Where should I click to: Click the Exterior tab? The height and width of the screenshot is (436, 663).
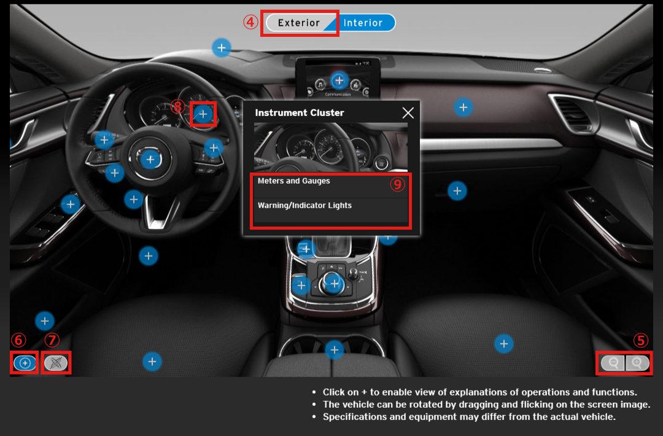click(298, 23)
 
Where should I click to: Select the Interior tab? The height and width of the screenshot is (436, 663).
click(363, 23)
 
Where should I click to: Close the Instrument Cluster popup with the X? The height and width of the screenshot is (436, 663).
click(408, 113)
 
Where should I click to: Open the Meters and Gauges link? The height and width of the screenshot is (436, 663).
click(294, 181)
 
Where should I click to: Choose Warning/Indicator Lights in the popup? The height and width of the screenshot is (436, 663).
click(304, 206)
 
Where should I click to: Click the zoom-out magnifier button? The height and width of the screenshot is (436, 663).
click(613, 363)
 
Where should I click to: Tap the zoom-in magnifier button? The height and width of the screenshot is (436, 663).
click(637, 363)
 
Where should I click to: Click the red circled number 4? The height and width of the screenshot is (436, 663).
click(250, 22)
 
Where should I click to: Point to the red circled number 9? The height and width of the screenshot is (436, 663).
click(397, 184)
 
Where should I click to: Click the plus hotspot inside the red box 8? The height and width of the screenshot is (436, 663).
click(203, 114)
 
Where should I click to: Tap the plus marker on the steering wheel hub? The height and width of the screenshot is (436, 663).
click(150, 160)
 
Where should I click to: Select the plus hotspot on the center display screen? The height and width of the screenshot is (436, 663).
click(339, 80)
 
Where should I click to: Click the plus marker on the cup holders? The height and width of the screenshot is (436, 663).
click(335, 350)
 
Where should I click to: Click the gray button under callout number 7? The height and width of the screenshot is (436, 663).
click(56, 363)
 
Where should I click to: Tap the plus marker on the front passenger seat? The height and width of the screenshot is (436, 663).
click(503, 344)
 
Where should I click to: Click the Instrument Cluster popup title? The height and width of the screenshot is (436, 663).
click(300, 113)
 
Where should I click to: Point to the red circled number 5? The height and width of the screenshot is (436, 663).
click(640, 340)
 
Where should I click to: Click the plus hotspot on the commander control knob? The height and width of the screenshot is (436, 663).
click(335, 284)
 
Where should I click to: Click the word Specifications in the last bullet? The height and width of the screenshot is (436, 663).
click(354, 417)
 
